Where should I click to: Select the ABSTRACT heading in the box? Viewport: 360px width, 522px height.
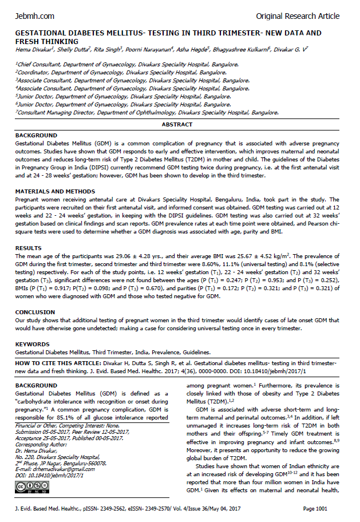[177, 124]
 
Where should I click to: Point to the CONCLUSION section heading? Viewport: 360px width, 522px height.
[35, 313]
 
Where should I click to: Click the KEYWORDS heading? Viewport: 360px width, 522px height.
[33, 345]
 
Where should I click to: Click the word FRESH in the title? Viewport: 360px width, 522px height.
[31, 41]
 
